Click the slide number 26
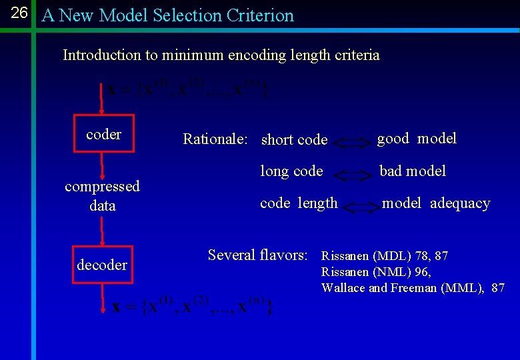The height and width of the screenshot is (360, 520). click(x=19, y=13)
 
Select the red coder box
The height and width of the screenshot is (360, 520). click(x=103, y=135)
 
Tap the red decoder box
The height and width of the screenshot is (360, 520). click(x=102, y=265)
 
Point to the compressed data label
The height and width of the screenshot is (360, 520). click(x=102, y=196)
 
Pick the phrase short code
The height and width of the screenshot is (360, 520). click(x=294, y=140)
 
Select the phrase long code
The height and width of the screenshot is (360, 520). click(x=291, y=171)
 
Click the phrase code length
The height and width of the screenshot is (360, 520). click(x=299, y=203)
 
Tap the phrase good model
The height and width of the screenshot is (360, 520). click(x=417, y=139)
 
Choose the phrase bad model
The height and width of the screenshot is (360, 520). click(x=413, y=171)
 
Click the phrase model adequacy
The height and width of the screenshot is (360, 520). click(x=435, y=203)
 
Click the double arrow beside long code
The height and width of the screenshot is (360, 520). click(x=351, y=175)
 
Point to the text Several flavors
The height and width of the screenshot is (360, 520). click(x=258, y=255)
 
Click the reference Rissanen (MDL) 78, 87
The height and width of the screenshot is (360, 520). click(x=385, y=256)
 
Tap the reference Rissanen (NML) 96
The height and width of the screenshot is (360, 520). click(x=376, y=272)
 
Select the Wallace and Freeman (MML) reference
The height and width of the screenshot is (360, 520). click(x=413, y=288)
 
